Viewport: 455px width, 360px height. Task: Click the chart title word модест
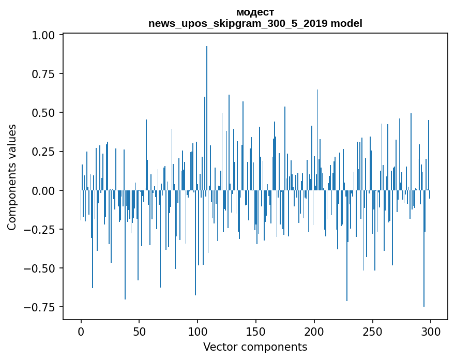(255, 12)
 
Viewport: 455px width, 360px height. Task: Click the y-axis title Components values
(12, 177)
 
